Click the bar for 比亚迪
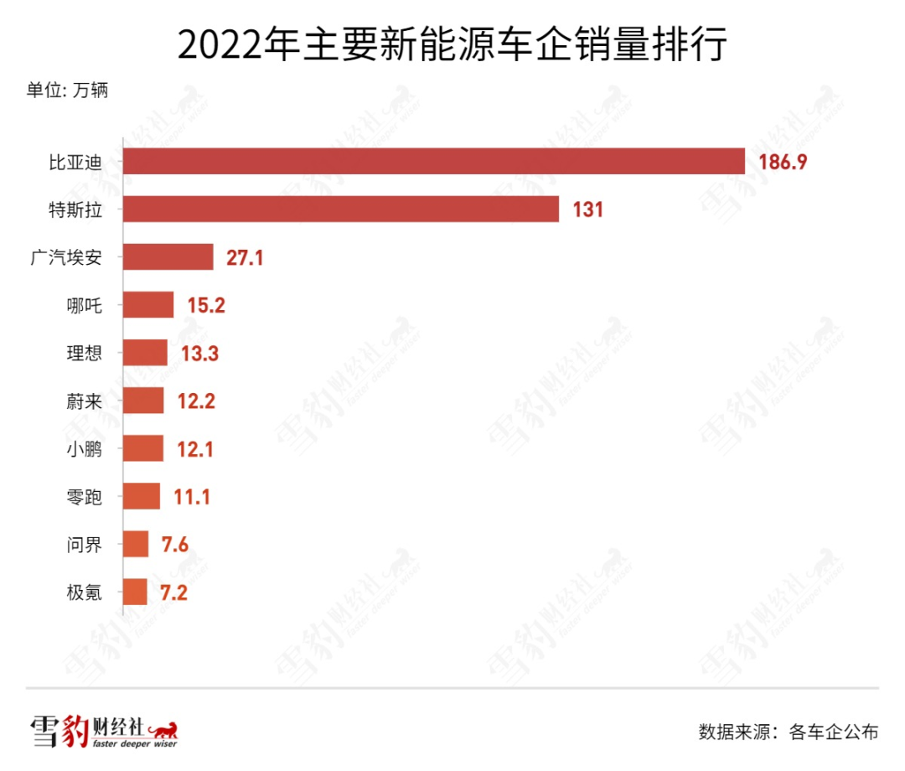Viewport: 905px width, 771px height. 433,162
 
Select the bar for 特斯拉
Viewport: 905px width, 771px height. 340,210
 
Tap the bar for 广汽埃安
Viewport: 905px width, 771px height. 168,257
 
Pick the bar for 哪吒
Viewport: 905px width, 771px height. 147,305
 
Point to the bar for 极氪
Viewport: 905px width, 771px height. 134,592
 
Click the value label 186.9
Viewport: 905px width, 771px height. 783,162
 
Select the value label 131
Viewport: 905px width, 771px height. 587,210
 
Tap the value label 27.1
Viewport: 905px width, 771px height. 245,257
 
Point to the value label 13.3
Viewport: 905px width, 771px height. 199,353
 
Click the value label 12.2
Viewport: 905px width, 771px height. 196,401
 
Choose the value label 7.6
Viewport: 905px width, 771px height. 174,545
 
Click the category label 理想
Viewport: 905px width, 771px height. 84,353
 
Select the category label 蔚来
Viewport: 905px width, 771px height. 84,401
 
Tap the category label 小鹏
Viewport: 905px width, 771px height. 84,449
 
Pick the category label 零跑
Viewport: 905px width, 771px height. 84,497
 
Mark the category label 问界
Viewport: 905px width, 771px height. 84,545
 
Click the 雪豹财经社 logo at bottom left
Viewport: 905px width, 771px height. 105,731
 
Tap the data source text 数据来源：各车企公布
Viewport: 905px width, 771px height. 788,731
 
